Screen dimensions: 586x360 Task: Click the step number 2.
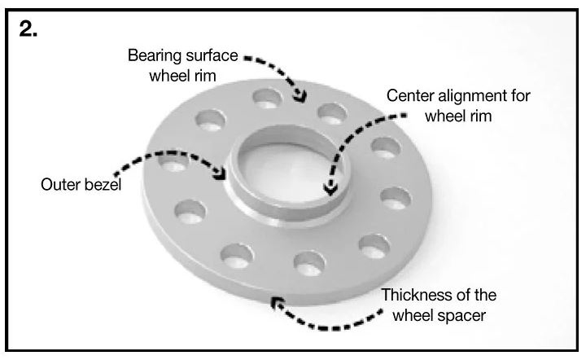coord(28,29)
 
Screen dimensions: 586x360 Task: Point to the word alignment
coord(473,96)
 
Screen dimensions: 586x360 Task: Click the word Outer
coord(59,185)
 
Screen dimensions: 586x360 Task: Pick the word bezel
coord(103,185)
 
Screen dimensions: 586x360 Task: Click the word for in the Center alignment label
coord(521,95)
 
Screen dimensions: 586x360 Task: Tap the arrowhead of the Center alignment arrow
coord(330,188)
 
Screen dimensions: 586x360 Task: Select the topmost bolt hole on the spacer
coord(267,99)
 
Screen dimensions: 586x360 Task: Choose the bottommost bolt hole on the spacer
coord(309,264)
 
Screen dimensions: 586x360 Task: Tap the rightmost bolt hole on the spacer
coord(396,198)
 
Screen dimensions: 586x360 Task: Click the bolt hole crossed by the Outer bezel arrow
coord(173,161)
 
